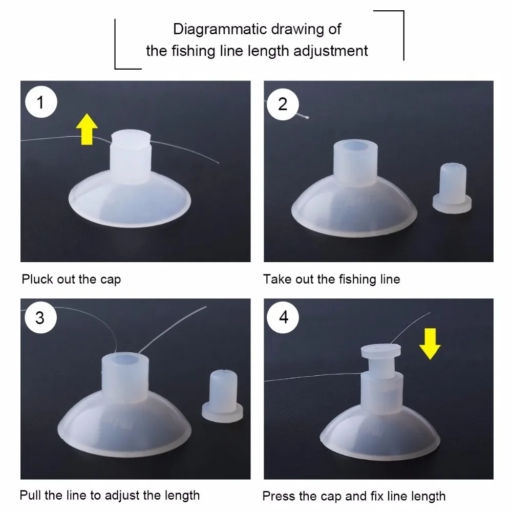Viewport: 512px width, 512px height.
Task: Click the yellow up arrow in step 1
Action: click(x=87, y=129)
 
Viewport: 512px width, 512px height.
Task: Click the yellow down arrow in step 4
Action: click(x=430, y=344)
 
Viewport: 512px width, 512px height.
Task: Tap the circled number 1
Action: click(x=41, y=102)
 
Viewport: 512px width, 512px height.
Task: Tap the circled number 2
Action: click(x=283, y=104)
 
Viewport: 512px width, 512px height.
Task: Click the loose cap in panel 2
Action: click(x=452, y=188)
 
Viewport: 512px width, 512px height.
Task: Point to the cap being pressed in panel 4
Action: click(x=381, y=360)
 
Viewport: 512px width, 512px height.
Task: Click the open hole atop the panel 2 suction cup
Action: click(x=356, y=146)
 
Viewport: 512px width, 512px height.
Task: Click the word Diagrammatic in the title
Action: click(x=220, y=29)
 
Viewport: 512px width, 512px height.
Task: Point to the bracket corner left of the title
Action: click(x=115, y=69)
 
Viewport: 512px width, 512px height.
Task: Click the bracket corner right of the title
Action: click(x=403, y=11)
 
